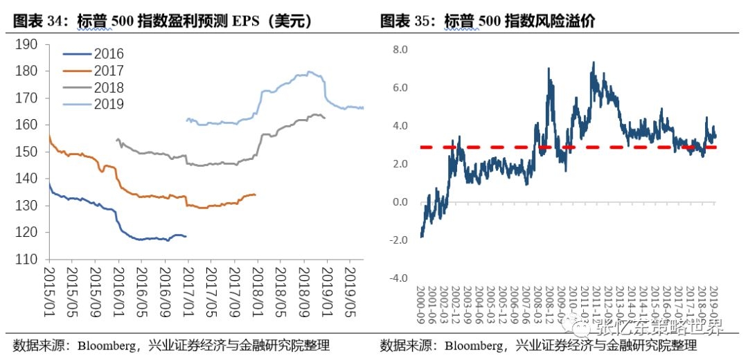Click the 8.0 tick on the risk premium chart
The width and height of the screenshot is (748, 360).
401,50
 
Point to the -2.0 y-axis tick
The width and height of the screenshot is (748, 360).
400,240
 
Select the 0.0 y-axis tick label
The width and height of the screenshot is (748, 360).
401,202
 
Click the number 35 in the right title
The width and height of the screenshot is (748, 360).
422,21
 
